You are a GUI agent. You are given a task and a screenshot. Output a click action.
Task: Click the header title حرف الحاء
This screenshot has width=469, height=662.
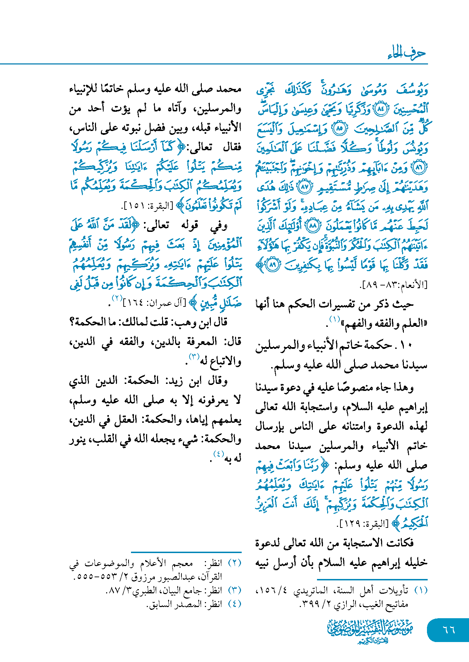(407, 53)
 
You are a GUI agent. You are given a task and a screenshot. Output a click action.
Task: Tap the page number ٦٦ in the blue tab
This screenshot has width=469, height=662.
(449, 629)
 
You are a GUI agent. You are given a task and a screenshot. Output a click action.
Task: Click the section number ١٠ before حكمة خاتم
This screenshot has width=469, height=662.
(406, 345)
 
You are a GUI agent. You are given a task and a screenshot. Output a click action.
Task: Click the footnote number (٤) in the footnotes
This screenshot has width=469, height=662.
(235, 604)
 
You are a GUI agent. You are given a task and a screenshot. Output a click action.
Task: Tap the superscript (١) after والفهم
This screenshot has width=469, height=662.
(334, 319)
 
